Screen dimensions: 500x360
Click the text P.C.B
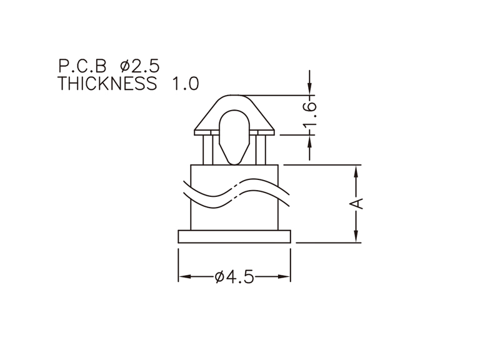pyautogui.click(x=82, y=66)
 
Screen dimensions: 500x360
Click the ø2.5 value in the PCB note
pyautogui.click(x=139, y=66)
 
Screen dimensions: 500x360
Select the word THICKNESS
pyautogui.click(x=107, y=84)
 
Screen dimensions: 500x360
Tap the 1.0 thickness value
pyautogui.click(x=186, y=84)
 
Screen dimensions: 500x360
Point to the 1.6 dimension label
pyautogui.click(x=309, y=114)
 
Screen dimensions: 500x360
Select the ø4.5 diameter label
pyautogui.click(x=235, y=277)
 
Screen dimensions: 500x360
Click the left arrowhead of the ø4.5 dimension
pyautogui.click(x=185, y=276)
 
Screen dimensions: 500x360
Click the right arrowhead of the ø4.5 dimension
pyautogui.click(x=284, y=276)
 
